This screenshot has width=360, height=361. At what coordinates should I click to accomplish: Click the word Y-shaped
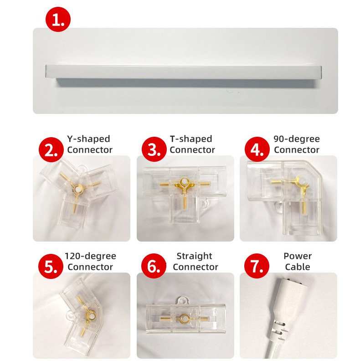pyautogui.click(x=88, y=139)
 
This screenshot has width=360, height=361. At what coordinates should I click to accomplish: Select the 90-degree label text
pyautogui.click(x=297, y=139)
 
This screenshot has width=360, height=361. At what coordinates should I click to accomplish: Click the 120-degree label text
pyautogui.click(x=90, y=256)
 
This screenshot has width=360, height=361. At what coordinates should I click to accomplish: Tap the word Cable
pyautogui.click(x=297, y=267)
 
